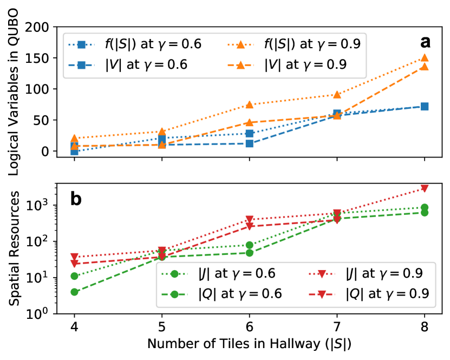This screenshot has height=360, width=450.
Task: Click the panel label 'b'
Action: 76,199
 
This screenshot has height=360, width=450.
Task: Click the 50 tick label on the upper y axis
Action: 51,120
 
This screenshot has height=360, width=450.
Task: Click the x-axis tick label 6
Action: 249,329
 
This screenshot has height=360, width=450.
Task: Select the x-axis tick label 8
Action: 425,329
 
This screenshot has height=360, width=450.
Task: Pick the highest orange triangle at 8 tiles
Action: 425,58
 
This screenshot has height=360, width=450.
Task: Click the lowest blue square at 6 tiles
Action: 249,143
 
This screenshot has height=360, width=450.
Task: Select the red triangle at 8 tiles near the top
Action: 425,188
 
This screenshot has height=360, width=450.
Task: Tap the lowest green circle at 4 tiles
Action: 74,292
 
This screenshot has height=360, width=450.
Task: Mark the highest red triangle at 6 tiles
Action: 249,220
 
